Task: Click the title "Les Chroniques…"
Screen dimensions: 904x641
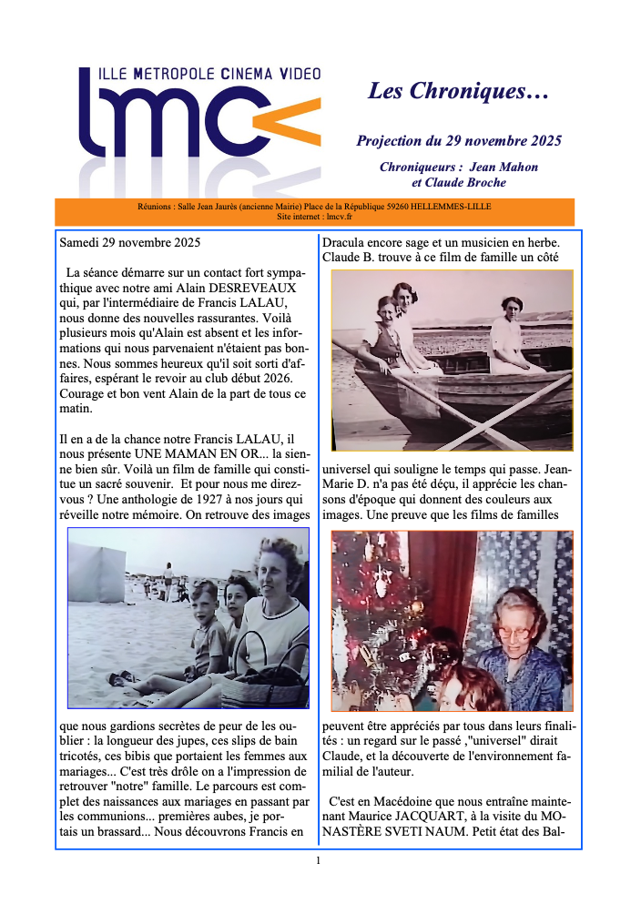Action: click(x=458, y=91)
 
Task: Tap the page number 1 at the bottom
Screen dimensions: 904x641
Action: click(x=318, y=860)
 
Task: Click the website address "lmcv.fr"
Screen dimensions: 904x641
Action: click(x=337, y=217)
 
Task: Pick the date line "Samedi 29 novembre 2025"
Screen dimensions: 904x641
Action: click(x=130, y=243)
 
